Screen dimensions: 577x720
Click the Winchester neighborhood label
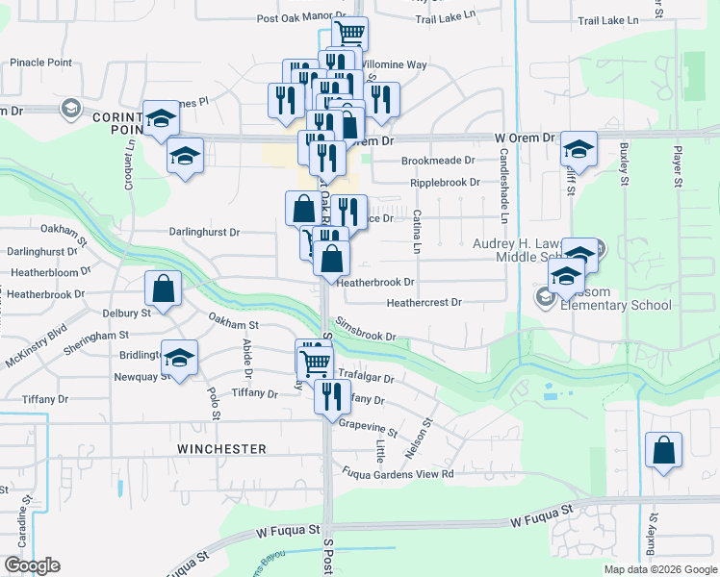pos(221,449)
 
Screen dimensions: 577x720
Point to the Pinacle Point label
pos(40,63)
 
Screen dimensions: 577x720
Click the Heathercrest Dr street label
pos(424,302)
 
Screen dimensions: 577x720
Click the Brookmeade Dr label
pos(438,161)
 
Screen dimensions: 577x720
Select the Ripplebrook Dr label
pos(444,182)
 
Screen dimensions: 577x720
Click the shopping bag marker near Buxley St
pos(663,450)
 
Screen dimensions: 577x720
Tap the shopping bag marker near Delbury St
pos(163,288)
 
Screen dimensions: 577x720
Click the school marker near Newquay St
pos(178,359)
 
